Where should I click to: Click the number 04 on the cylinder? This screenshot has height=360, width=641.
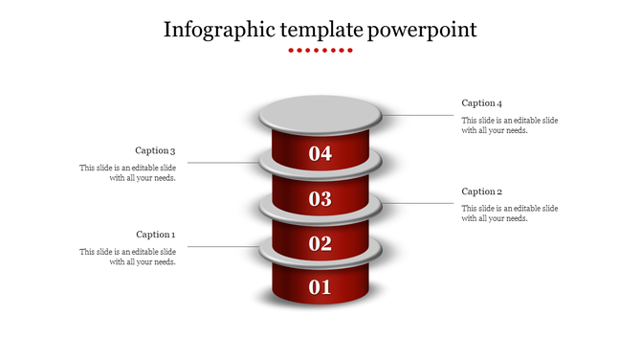pos(320,153)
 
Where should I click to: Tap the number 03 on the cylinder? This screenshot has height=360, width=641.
pos(320,199)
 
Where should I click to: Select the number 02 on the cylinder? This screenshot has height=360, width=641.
pos(320,243)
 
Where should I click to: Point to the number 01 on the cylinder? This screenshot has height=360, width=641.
pos(320,286)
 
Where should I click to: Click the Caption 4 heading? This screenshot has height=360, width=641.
pos(481,102)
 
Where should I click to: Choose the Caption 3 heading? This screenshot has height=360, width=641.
pos(155,150)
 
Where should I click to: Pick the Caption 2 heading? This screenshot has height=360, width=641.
pos(481,191)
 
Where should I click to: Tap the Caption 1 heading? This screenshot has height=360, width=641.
pos(155,235)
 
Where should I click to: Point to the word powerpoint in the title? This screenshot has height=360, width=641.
pos(423,30)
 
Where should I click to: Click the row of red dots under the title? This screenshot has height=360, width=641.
pos(320,50)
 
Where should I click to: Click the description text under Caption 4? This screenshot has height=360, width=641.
pos(510,125)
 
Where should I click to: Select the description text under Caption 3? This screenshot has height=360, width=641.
pos(127,172)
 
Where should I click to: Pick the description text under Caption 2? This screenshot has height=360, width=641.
pos(510,214)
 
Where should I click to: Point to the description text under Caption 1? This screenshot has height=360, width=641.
pos(127,257)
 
